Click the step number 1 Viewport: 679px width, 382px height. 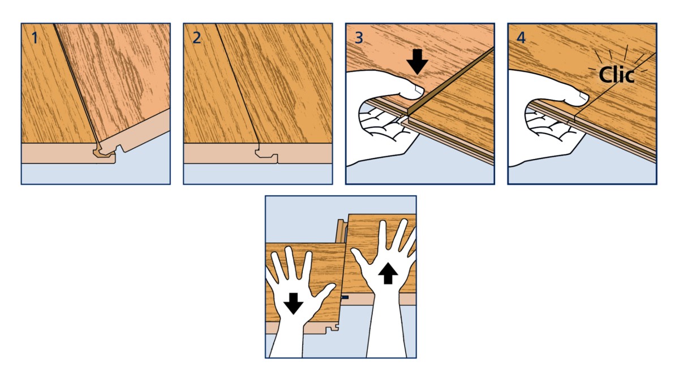(x=35, y=38)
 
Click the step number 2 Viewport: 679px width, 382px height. (x=197, y=38)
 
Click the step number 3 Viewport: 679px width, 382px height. (x=359, y=38)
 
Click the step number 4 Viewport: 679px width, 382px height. (x=521, y=38)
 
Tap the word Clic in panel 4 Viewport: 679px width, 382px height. (x=616, y=75)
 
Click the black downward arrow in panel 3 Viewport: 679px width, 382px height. (x=418, y=62)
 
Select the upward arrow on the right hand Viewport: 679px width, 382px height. (x=388, y=273)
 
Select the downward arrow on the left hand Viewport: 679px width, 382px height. (x=294, y=303)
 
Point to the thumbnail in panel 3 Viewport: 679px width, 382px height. (x=419, y=89)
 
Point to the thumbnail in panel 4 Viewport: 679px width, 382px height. (x=584, y=96)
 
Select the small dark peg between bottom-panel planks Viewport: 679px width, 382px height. (x=345, y=298)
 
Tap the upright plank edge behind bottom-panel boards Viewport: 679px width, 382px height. (x=342, y=231)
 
